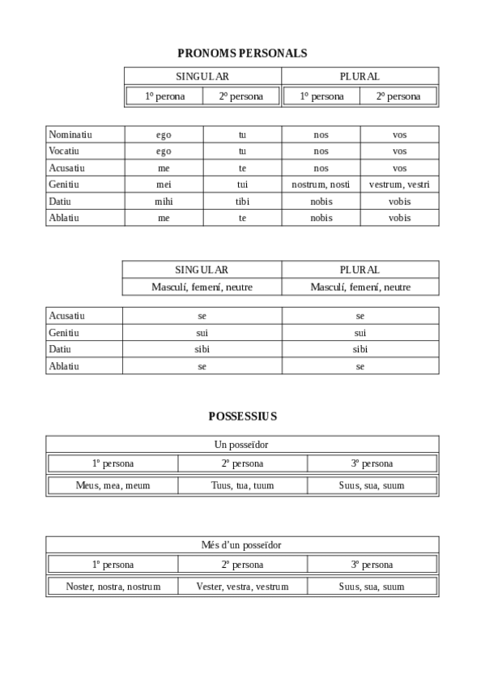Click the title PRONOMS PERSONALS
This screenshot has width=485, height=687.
[242, 53]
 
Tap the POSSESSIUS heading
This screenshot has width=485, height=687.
[242, 416]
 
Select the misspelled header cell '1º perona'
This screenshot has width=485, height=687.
[164, 96]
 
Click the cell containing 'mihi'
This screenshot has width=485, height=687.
[164, 202]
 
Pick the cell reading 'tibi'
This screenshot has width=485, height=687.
[242, 202]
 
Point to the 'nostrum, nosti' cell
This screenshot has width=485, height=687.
[321, 185]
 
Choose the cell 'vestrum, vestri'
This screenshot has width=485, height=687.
[399, 185]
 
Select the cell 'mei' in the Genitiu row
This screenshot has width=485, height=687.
[164, 185]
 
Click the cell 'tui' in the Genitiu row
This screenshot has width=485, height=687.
[242, 185]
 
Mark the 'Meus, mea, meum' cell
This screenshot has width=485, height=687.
[113, 486]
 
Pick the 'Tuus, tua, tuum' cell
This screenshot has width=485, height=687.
[242, 486]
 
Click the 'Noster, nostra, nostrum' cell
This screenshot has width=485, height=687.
[113, 587]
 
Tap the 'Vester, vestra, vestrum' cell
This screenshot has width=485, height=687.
[242, 587]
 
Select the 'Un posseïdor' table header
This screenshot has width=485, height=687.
[242, 445]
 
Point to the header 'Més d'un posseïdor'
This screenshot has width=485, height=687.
[242, 545]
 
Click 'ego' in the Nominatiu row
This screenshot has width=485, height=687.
[164, 134]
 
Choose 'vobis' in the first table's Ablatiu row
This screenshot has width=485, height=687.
[399, 218]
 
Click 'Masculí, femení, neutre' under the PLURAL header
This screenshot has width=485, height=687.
[360, 287]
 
